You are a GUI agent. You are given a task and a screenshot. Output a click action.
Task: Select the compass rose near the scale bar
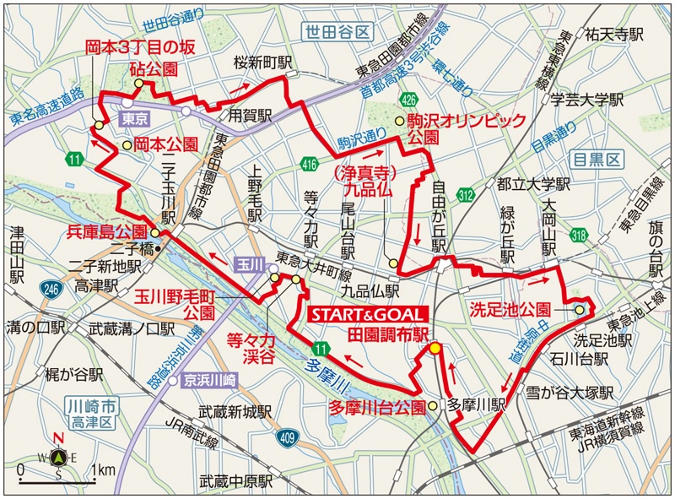coord(58,458)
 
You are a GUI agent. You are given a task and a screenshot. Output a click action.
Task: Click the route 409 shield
coord(288,437)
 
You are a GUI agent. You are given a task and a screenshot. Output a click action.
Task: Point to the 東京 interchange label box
coord(135,117)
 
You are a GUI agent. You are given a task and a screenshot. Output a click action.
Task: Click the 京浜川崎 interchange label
coord(208,381)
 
